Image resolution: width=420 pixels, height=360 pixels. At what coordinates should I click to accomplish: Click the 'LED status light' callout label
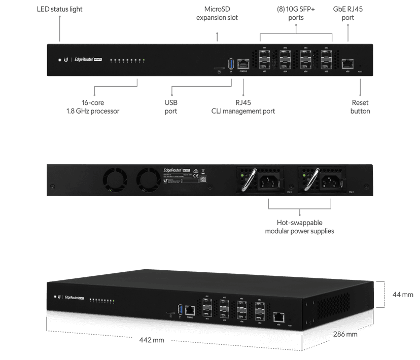click(60, 10)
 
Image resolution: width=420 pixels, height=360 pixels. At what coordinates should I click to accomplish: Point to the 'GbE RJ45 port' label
click(347, 13)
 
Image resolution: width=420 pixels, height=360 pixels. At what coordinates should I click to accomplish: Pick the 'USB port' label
click(171, 106)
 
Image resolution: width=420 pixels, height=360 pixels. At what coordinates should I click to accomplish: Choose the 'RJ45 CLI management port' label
click(243, 106)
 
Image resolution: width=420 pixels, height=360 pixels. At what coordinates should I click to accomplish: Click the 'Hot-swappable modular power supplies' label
click(299, 227)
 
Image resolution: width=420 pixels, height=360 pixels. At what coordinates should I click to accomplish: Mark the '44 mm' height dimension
click(403, 294)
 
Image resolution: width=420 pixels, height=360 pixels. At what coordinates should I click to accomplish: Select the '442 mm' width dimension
click(151, 340)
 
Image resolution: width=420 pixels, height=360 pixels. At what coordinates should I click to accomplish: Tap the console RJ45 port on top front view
click(243, 63)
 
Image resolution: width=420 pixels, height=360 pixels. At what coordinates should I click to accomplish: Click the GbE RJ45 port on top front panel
click(348, 63)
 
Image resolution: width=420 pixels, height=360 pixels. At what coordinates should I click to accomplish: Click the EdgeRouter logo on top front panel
click(84, 60)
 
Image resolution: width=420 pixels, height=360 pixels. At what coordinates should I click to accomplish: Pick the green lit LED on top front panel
click(144, 60)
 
